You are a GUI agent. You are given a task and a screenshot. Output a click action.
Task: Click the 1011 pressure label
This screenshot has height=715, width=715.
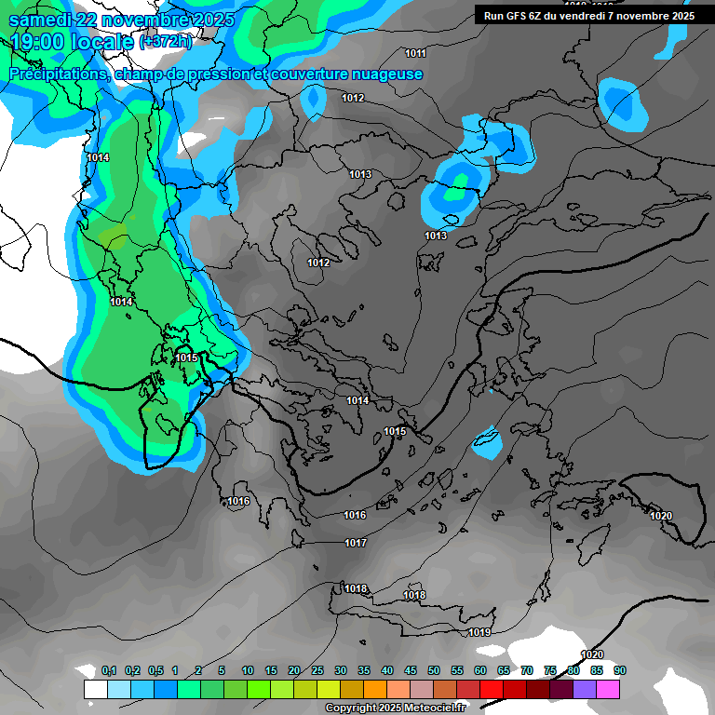415,53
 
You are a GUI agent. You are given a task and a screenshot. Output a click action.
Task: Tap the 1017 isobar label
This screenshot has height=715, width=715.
356,543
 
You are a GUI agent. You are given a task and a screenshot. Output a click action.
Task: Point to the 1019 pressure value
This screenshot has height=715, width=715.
479,633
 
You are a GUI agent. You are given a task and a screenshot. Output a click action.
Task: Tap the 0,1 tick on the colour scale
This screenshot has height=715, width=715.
109,671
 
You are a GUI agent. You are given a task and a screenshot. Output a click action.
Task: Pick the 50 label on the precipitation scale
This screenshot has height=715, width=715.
434,671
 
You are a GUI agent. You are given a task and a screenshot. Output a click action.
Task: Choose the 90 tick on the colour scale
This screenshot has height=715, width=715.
620,671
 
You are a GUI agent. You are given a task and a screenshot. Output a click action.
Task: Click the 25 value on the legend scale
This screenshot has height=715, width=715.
317,671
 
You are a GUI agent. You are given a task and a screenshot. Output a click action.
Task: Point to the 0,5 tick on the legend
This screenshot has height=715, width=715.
155,671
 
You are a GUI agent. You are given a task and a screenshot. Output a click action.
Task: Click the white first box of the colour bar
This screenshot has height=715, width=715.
96,689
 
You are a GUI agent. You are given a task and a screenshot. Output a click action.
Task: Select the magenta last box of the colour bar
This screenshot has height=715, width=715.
608,689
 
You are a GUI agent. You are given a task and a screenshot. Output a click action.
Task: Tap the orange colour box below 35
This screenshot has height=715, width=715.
375,689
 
